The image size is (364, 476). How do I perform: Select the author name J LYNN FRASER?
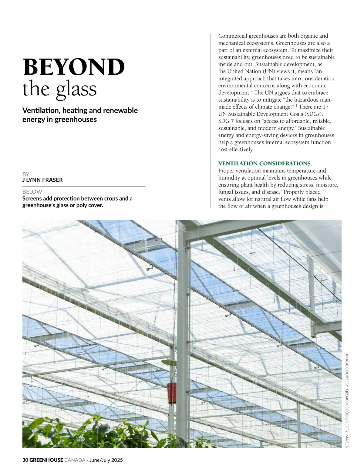pos(42,180)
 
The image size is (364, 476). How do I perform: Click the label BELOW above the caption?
pos(32,192)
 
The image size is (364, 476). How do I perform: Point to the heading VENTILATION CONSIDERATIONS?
pos(264,164)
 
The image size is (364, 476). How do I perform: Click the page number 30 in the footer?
pos(25,460)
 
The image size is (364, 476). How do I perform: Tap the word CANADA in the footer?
pos(75,460)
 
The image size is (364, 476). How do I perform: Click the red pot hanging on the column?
pos(172,393)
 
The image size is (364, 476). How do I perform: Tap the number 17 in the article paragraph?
pos(325,107)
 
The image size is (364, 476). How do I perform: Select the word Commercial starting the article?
pos(233,36)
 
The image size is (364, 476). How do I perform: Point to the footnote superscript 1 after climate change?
pos(296,106)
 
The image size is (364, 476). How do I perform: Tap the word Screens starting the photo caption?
pos(32,199)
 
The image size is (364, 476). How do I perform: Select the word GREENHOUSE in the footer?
pos(46,460)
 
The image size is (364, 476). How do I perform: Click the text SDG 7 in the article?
pos(226,121)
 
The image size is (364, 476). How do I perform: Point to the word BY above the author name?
pos(26,174)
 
